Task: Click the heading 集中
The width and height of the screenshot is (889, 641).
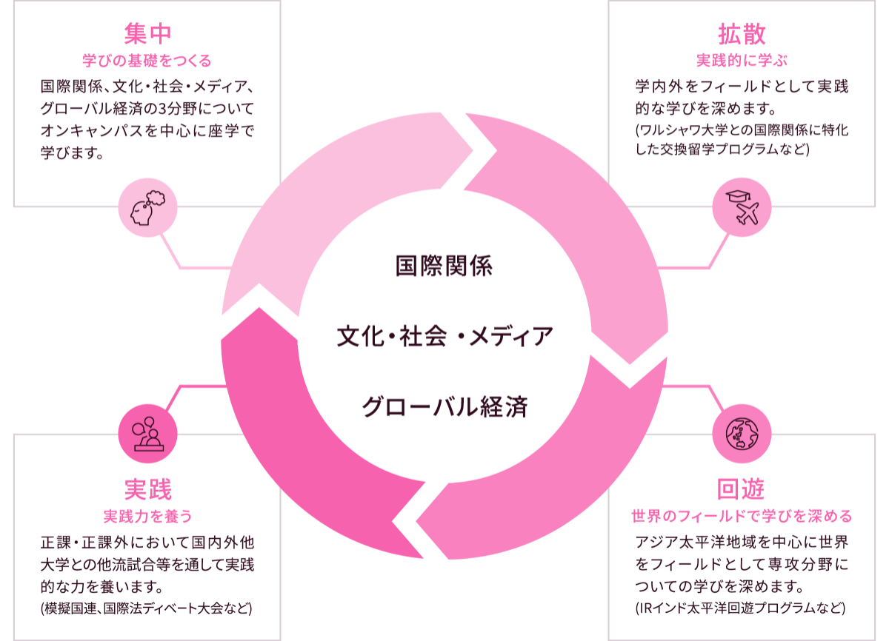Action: pos(148,34)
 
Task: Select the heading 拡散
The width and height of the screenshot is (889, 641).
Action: pos(742,34)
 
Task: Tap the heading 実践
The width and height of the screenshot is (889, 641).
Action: pos(148,489)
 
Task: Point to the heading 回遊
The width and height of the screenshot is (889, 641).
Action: pos(741,489)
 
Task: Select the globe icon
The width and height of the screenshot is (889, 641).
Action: pos(742,433)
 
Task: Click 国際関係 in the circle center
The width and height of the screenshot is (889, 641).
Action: pos(444,266)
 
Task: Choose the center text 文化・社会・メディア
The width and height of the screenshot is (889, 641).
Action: pos(444,337)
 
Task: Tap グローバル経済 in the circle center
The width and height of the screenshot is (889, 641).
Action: pos(444,407)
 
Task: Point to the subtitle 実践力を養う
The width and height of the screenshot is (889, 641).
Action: pos(148,515)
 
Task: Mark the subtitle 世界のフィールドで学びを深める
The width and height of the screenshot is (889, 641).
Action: pos(742,515)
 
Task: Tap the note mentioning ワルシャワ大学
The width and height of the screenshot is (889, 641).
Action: pos(742,139)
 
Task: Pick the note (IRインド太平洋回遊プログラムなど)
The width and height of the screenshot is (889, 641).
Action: pos(740,609)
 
